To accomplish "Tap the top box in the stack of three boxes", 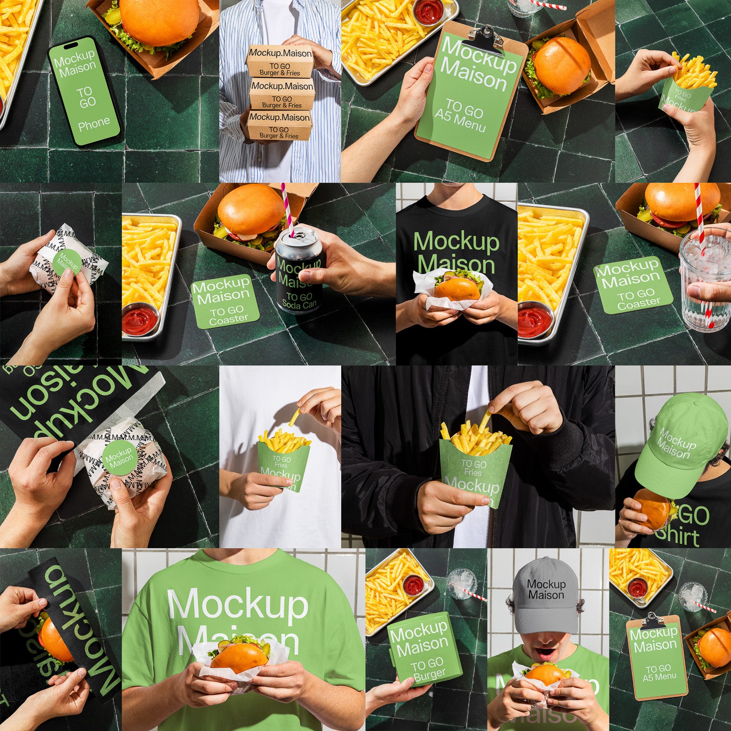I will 280,61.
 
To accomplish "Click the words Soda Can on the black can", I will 299,304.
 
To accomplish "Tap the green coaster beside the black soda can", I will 225,301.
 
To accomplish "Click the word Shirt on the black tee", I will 678,537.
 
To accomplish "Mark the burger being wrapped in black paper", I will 54,638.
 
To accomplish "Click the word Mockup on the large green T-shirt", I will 238,604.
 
